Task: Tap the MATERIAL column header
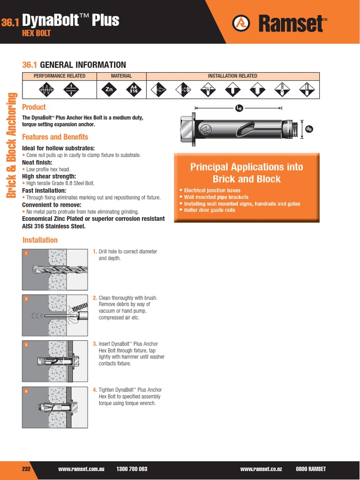pos(121,76)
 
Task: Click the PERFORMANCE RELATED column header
pos(60,76)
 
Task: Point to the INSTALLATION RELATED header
pos(232,76)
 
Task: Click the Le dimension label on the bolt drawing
pos(239,108)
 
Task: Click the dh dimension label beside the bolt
pos(308,129)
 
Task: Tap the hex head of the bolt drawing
pos(187,128)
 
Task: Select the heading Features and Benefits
pos(55,137)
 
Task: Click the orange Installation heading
pos(40,240)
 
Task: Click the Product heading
pos(34,107)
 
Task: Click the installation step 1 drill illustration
pos(54,270)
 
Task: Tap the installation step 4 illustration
pos(54,406)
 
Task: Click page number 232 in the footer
pos(27,469)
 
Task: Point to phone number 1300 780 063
pos(132,469)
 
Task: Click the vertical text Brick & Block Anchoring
pos(11,145)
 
